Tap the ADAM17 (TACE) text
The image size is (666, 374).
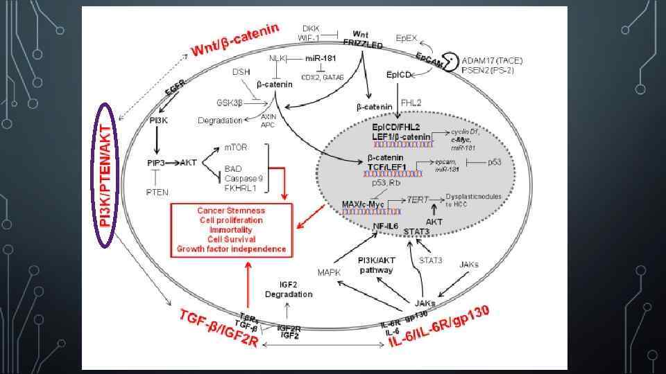[494, 60]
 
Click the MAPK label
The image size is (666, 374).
[329, 273]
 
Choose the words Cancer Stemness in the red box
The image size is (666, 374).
[231, 211]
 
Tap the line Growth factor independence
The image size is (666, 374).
[231, 249]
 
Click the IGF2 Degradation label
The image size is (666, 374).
[289, 290]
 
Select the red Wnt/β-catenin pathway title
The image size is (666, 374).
[236, 40]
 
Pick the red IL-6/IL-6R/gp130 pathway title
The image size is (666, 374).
[440, 328]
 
